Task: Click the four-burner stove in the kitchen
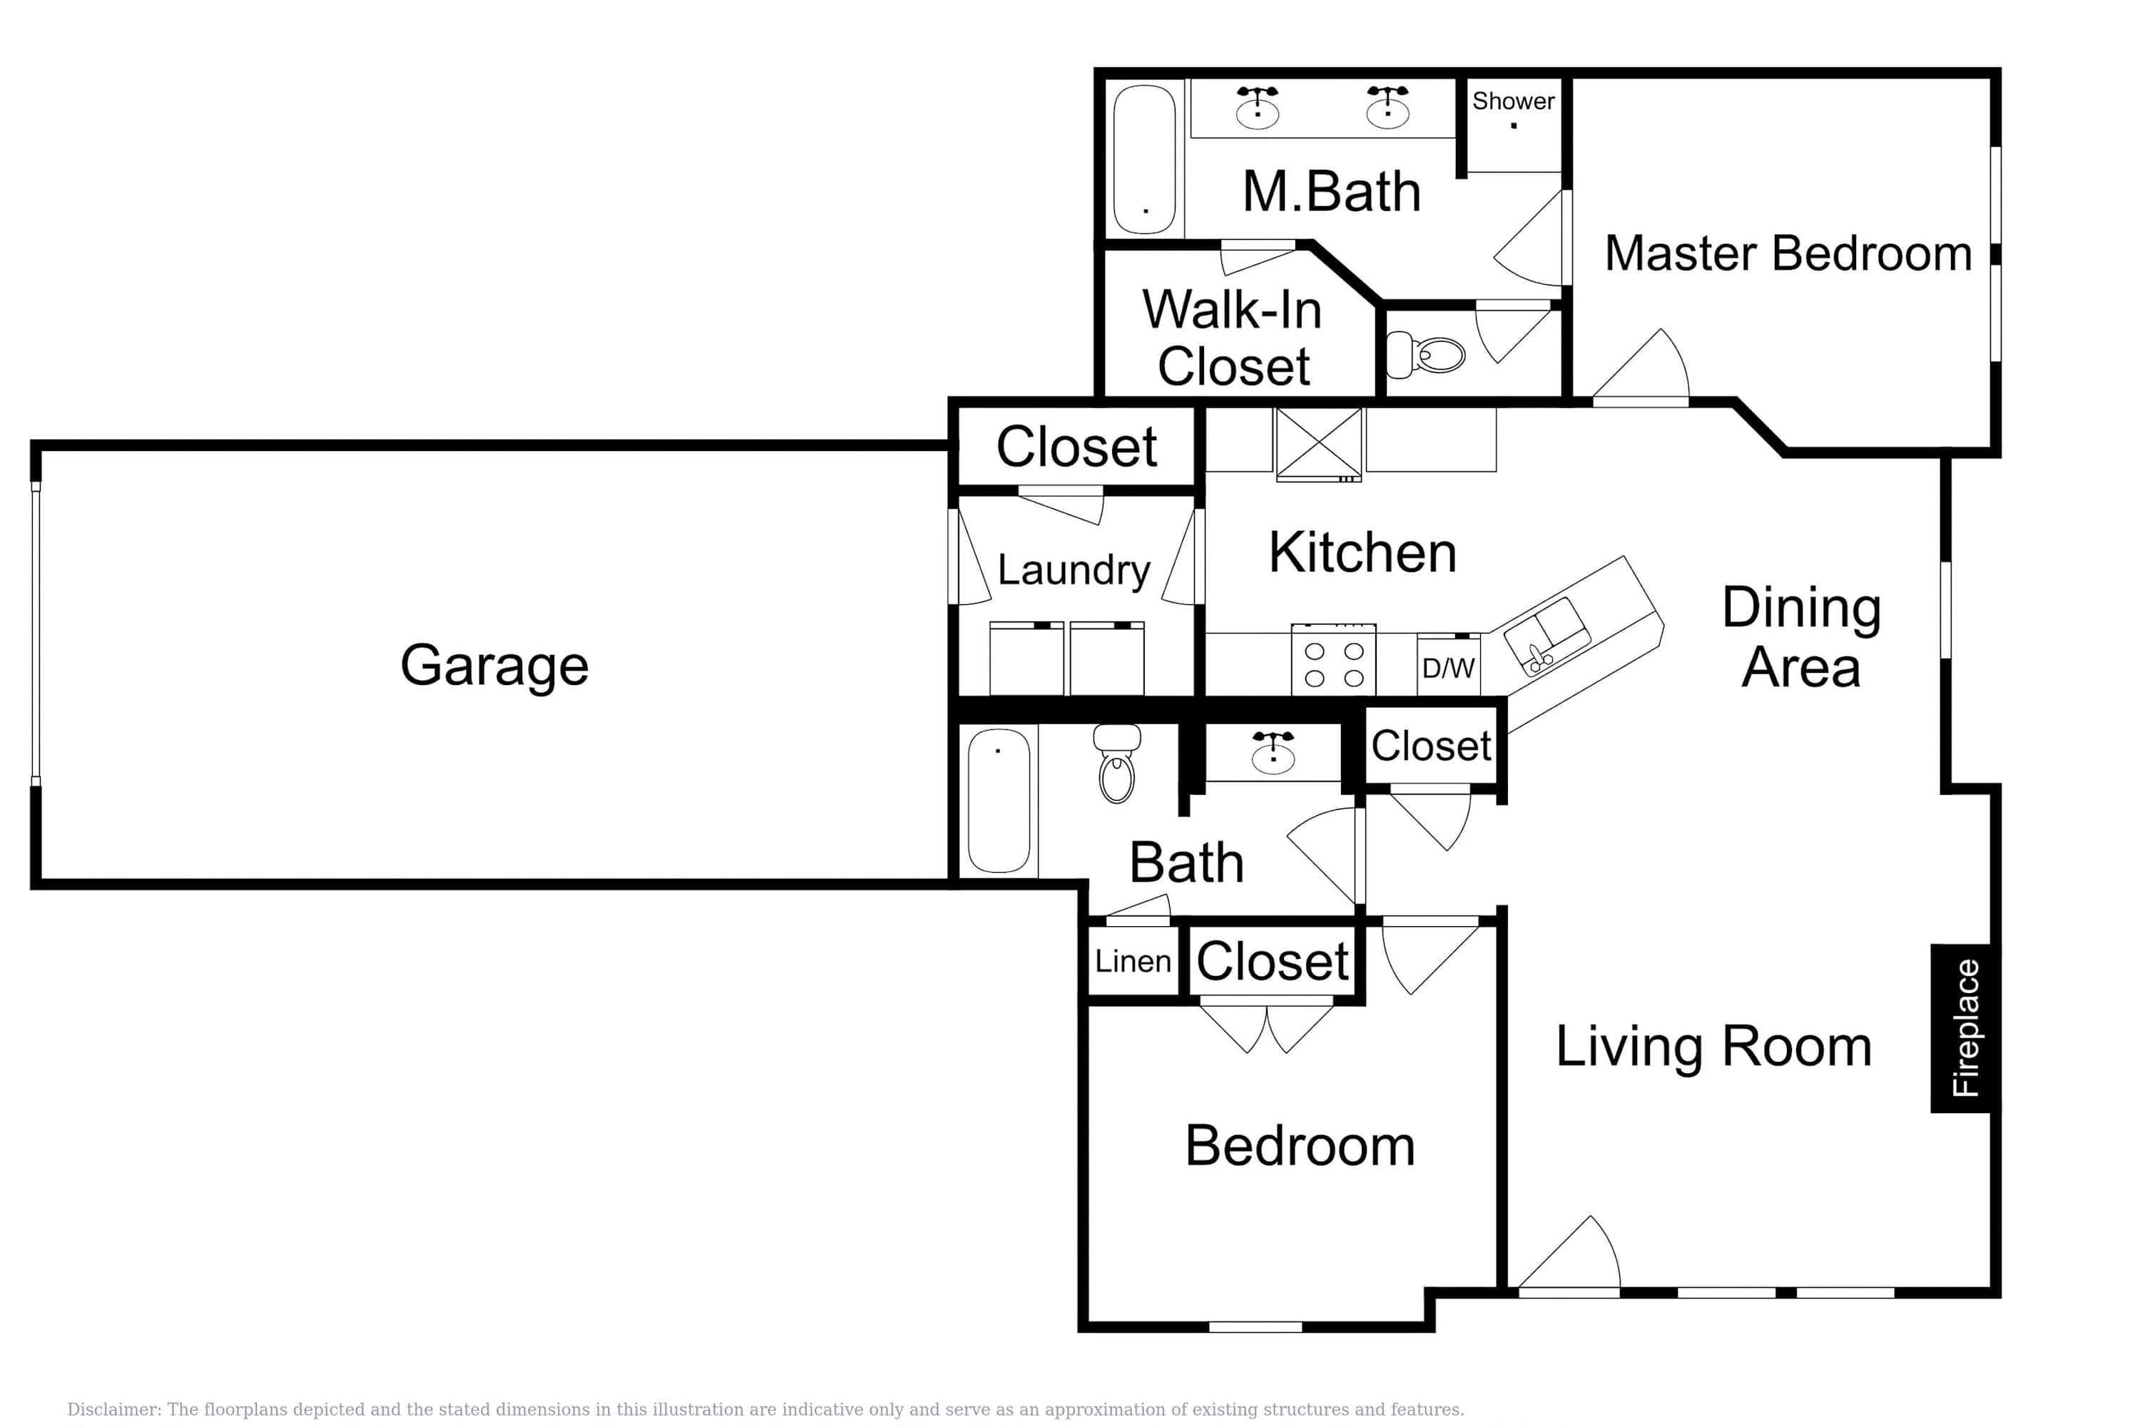tap(1334, 660)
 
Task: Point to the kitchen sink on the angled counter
tap(1547, 635)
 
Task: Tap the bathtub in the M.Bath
tap(1145, 159)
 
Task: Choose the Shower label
tap(1513, 101)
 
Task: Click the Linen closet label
tap(1133, 961)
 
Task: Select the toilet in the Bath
tap(1117, 763)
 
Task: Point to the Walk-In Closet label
tap(1233, 337)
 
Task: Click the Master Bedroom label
tap(1788, 253)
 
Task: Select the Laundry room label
tap(1074, 571)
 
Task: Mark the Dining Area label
tap(1802, 637)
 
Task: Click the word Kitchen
tap(1362, 552)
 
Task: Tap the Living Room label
tap(1713, 1047)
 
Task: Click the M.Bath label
tap(1331, 192)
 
